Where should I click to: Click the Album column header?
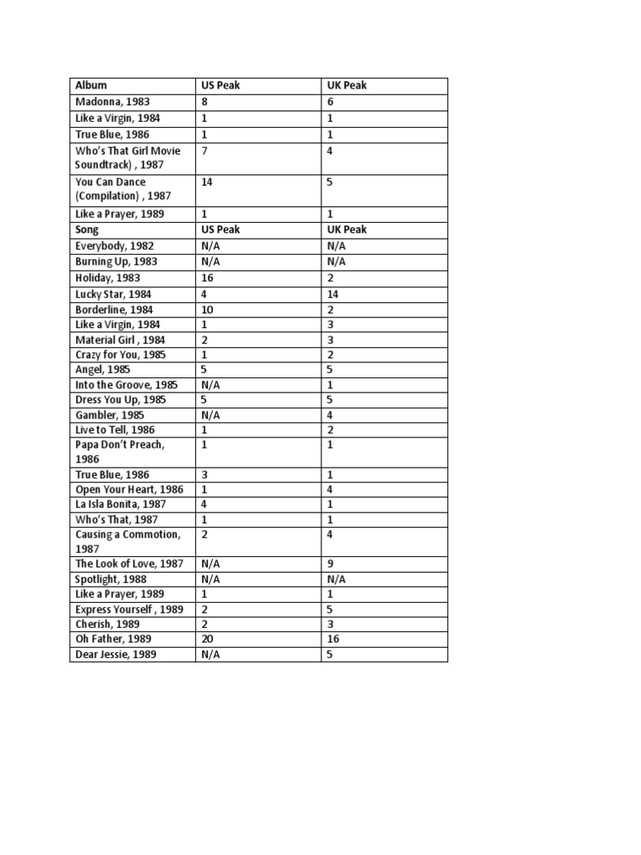click(x=91, y=86)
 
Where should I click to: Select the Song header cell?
click(x=87, y=230)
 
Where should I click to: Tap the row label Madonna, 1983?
click(x=113, y=102)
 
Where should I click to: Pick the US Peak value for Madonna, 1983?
click(x=204, y=102)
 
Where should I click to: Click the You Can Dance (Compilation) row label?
click(x=123, y=189)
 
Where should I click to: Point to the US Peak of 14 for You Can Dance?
click(x=207, y=182)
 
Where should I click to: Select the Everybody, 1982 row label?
click(x=114, y=246)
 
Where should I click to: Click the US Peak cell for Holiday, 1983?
click(x=207, y=278)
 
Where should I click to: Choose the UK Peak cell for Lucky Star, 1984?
click(x=333, y=294)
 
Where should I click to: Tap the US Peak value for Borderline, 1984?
click(x=207, y=310)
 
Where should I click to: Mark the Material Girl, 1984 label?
click(x=120, y=340)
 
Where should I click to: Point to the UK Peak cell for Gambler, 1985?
click(x=331, y=415)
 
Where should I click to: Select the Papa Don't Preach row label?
click(x=119, y=452)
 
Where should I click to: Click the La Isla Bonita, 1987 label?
click(x=120, y=504)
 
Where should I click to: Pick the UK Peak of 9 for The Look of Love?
click(x=331, y=564)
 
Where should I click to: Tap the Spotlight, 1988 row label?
click(x=111, y=579)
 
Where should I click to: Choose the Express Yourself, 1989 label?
click(x=129, y=610)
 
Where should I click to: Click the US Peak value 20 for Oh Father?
click(x=207, y=639)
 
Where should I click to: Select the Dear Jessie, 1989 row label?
click(x=116, y=655)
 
